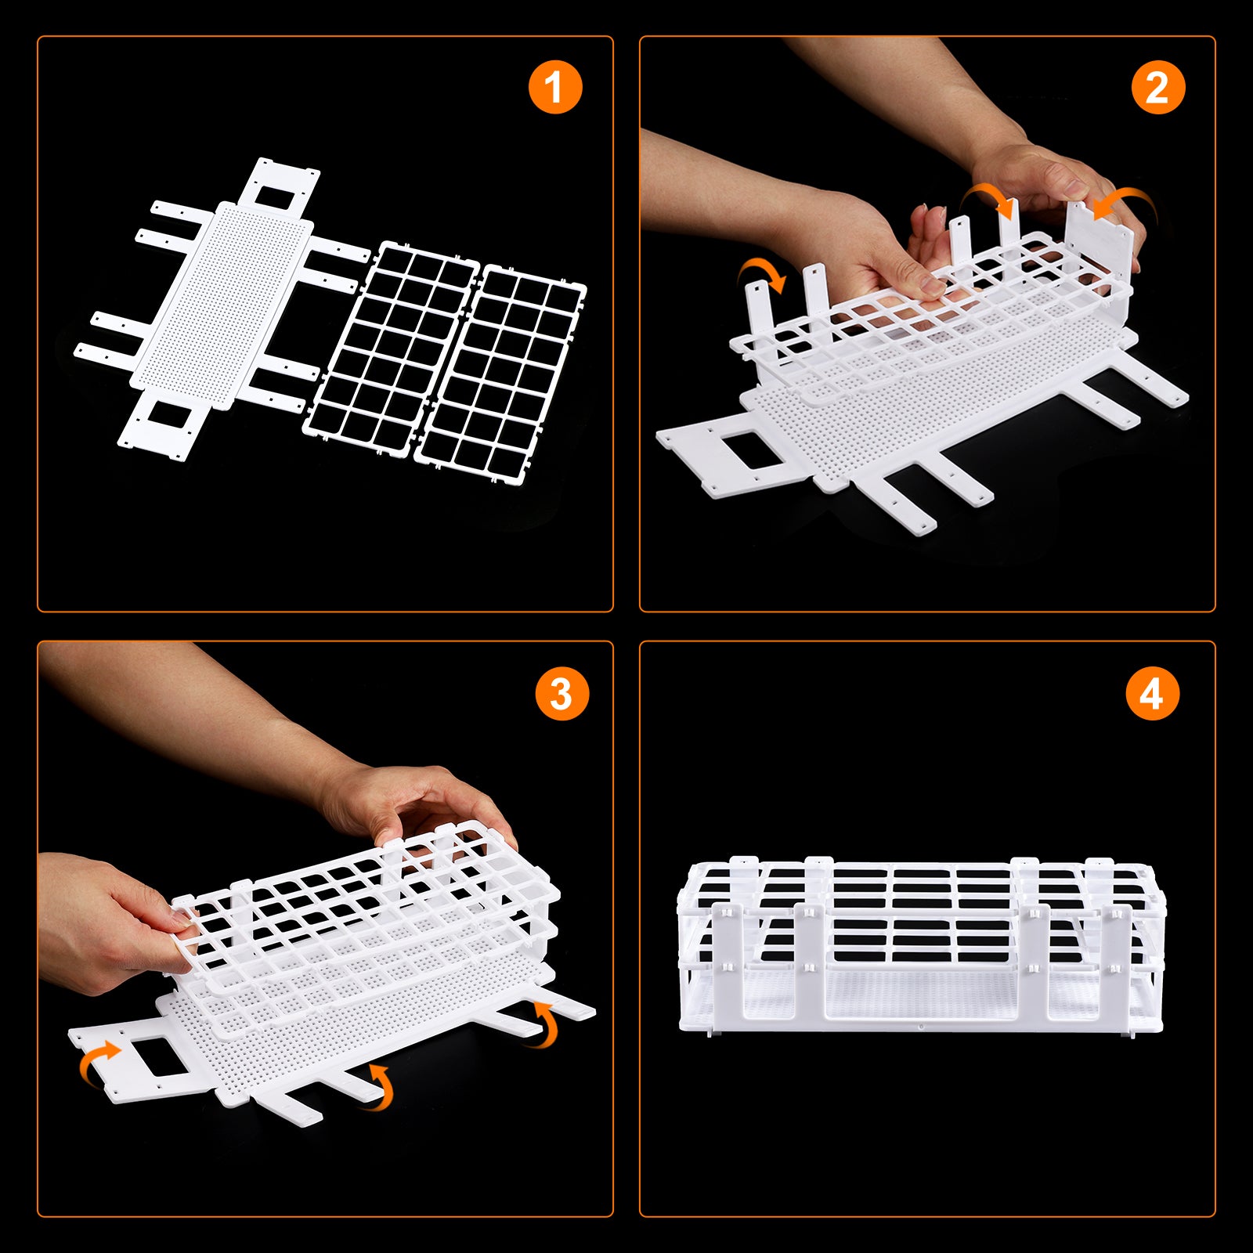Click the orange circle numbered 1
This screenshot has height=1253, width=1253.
pyautogui.click(x=555, y=86)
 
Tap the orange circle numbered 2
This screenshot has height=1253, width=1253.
pyautogui.click(x=1158, y=87)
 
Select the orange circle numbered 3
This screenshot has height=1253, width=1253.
pyautogui.click(x=562, y=694)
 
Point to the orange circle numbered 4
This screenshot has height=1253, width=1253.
pyautogui.click(x=1152, y=694)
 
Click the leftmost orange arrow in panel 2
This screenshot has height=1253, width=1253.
pyautogui.click(x=764, y=274)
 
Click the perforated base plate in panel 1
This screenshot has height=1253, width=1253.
pyautogui.click(x=222, y=305)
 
